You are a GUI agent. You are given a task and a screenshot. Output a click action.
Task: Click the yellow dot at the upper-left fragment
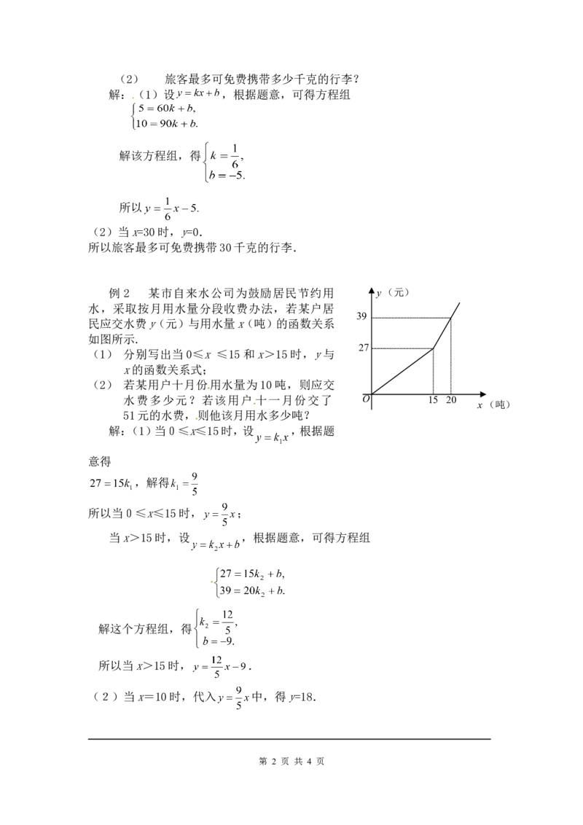(130, 95)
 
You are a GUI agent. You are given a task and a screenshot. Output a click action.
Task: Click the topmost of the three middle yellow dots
(208, 387)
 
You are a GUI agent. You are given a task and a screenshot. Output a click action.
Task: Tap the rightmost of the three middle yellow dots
(254, 404)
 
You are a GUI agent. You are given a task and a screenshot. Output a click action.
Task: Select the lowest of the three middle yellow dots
(195, 419)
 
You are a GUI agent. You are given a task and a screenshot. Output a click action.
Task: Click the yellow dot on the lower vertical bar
(212, 581)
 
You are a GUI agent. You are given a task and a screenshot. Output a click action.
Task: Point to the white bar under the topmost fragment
(166, 131)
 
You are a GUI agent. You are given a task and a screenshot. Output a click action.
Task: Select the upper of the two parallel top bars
(172, 195)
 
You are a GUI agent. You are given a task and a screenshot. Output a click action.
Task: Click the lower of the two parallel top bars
(172, 224)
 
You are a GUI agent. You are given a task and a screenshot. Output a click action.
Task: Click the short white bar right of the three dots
(273, 429)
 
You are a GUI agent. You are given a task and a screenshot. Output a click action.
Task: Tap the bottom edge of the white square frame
(215, 648)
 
